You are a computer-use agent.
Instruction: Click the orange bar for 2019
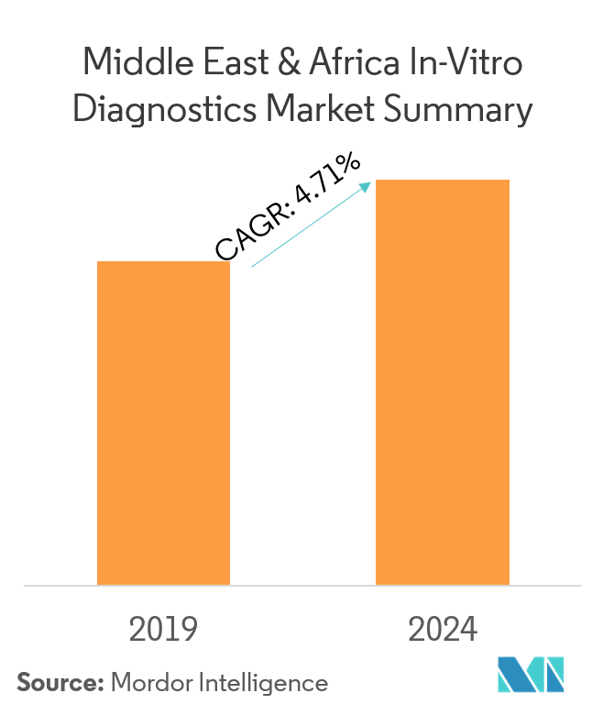click(x=163, y=423)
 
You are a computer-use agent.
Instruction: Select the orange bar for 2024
click(x=443, y=381)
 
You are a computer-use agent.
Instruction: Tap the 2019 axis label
click(x=164, y=630)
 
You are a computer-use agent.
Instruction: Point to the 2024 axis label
click(x=443, y=630)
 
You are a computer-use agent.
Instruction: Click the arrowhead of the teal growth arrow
click(x=365, y=187)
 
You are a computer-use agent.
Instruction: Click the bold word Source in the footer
click(x=58, y=683)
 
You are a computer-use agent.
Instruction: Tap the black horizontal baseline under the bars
click(x=302, y=586)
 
